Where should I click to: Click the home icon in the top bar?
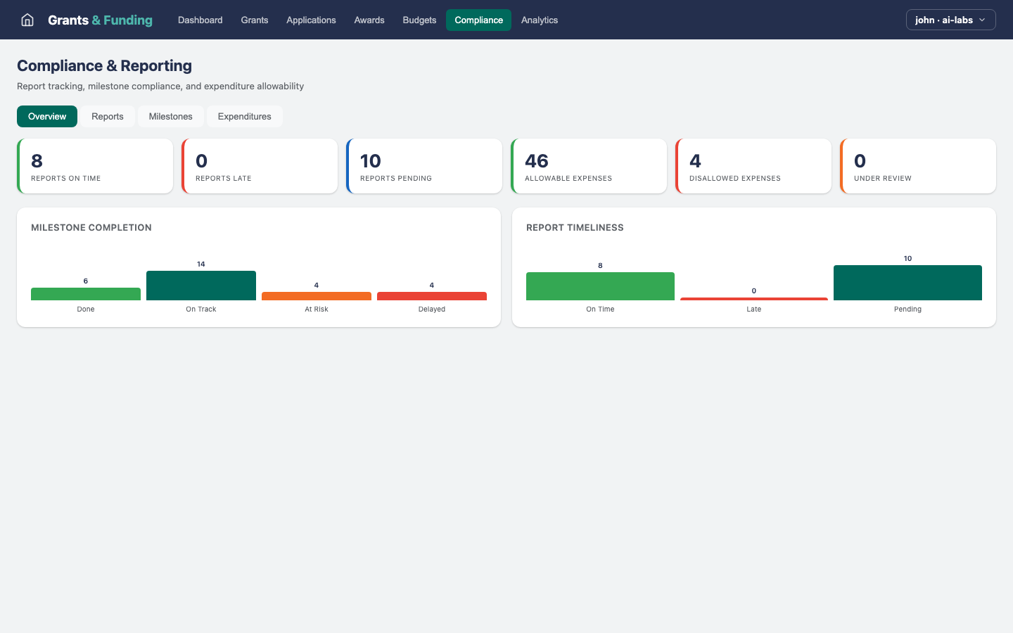coord(27,20)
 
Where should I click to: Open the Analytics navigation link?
coord(539,20)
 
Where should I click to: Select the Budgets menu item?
coord(419,20)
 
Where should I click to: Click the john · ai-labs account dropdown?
coord(950,20)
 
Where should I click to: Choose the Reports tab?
coord(108,116)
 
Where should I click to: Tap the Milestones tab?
coord(170,116)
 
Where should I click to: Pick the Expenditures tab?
coord(244,116)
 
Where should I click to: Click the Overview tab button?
coord(47,116)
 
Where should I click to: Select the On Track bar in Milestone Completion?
coord(201,286)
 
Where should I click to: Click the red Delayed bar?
coord(432,296)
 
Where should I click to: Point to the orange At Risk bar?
coord(317,296)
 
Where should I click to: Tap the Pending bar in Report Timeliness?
coord(907,283)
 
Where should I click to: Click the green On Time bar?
coord(600,286)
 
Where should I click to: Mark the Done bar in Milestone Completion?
coord(86,294)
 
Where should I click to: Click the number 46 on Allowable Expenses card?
coord(537,161)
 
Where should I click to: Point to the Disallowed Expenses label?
coord(734,179)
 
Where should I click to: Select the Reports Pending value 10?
coord(371,161)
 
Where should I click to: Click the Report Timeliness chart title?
coord(575,227)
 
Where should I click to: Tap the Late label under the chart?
coord(753,309)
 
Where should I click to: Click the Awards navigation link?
coord(369,20)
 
